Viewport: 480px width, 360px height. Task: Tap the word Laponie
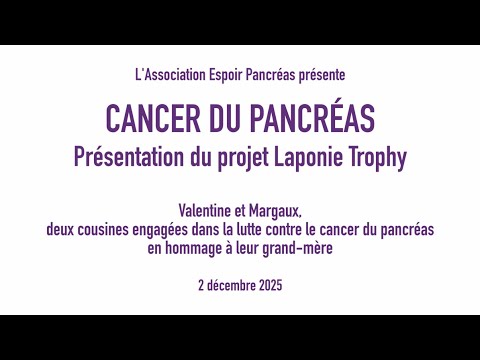click(x=324, y=156)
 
